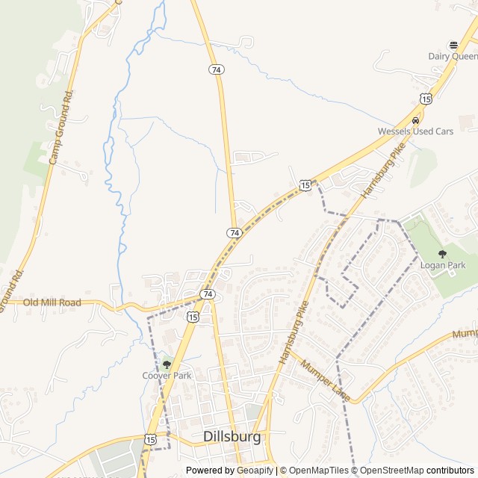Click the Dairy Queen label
coord(453,56)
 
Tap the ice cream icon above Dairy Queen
coord(453,44)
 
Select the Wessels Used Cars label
coord(415,131)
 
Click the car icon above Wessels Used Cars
coord(416,119)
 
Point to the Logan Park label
coord(443,265)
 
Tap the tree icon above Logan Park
coord(442,254)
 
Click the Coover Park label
coord(167,375)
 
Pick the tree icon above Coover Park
coord(167,364)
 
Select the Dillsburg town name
coord(232,436)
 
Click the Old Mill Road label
coord(52,302)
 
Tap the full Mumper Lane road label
coord(326,379)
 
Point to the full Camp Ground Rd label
coord(62,128)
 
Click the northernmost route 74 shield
coord(215,69)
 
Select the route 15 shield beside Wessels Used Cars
coord(426,98)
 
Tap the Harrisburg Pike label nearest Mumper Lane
coord(294,332)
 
